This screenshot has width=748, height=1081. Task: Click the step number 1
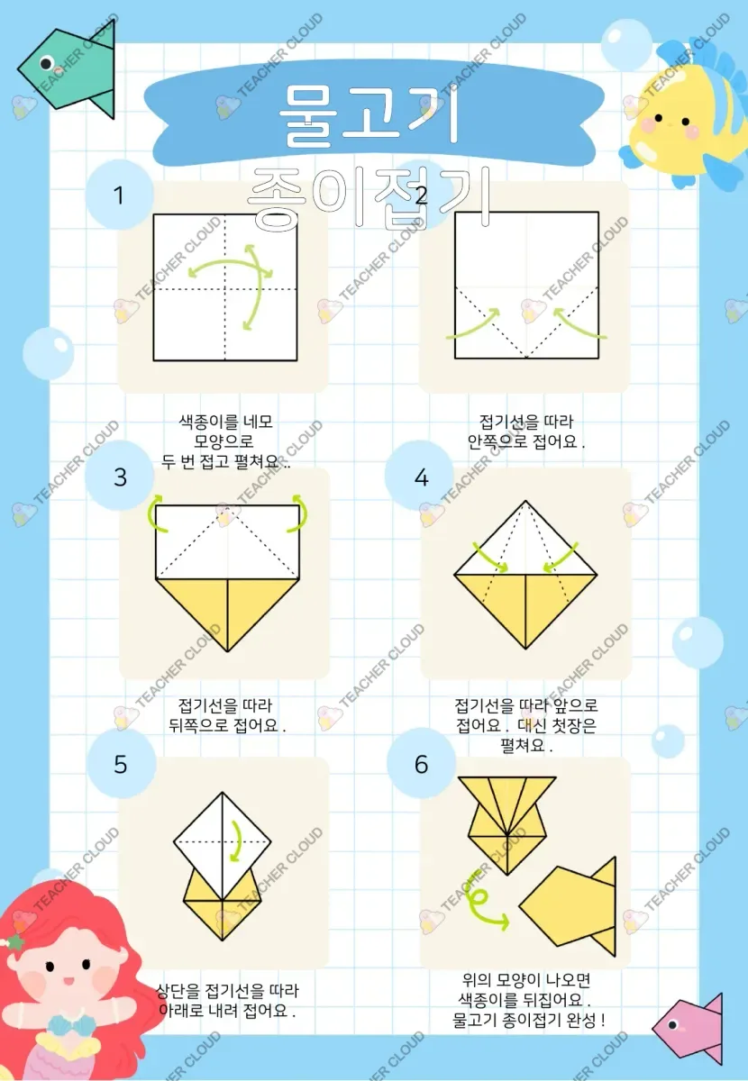tap(118, 195)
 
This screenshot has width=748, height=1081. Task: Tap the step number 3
tap(120, 477)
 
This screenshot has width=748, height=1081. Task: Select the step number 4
tap(421, 477)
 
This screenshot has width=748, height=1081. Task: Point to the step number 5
tap(120, 765)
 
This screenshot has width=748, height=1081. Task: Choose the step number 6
tap(421, 765)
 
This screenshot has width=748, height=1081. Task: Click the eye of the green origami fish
tap(46, 62)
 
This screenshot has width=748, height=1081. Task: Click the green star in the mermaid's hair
tap(14, 941)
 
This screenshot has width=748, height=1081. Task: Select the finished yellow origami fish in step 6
tap(568, 907)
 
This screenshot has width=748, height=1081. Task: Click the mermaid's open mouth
tap(69, 981)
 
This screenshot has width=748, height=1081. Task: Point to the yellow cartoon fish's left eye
tap(658, 118)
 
